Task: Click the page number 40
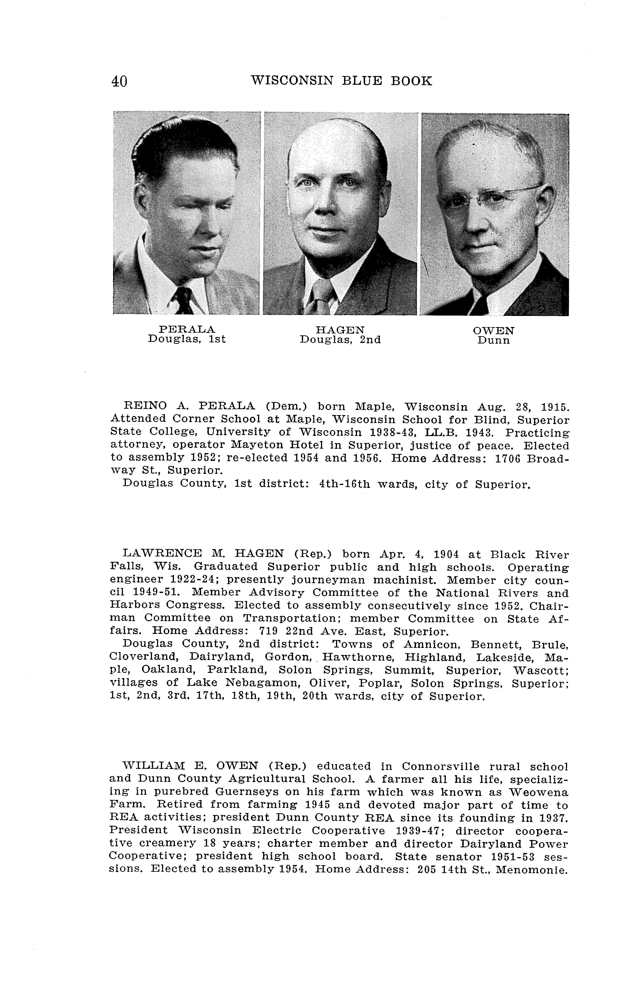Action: pyautogui.click(x=119, y=81)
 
